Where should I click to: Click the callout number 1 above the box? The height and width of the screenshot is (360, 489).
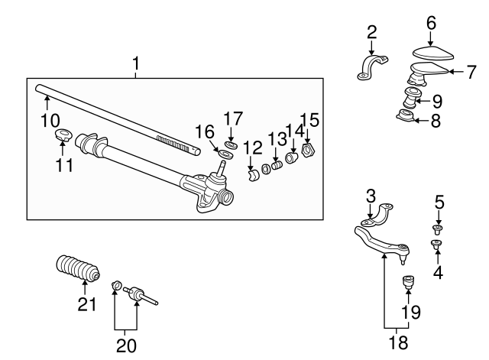135,66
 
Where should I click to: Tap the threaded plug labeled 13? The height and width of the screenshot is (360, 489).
277,165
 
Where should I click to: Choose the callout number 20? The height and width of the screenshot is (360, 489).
125,345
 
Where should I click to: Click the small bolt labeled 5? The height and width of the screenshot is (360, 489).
438,227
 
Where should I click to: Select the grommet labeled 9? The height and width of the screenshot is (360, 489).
412,99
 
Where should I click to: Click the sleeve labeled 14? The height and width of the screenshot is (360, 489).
292,158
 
